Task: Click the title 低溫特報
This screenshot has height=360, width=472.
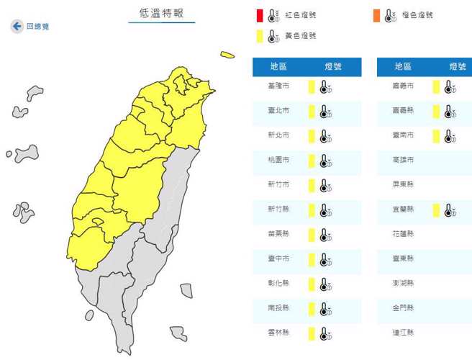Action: [161, 13]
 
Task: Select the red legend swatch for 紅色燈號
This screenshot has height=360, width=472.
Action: [260, 14]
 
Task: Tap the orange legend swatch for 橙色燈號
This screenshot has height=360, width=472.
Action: [376, 14]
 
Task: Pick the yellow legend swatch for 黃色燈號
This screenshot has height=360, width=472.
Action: [260, 35]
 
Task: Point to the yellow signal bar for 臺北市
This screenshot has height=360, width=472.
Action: [312, 112]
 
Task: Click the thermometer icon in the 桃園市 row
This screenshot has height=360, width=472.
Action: [325, 161]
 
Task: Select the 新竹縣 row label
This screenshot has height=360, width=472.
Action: [278, 210]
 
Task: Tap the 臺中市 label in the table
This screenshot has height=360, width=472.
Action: [278, 258]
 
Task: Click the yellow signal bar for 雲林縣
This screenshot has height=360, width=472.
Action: [312, 333]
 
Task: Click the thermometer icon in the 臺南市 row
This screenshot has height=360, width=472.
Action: [450, 136]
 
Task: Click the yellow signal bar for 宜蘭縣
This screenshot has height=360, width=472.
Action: [436, 210]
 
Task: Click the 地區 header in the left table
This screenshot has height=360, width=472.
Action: [279, 66]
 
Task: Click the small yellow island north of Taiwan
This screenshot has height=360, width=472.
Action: [227, 55]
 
